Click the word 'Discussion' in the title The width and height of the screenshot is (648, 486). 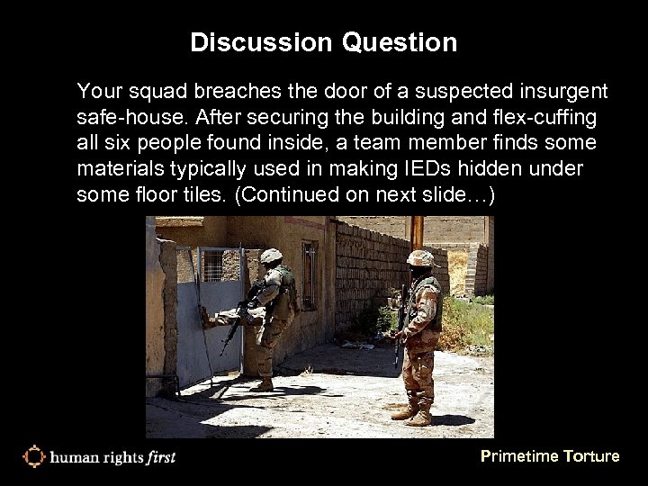point(245,42)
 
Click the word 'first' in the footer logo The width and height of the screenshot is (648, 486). point(158,457)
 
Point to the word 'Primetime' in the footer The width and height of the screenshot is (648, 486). point(519,456)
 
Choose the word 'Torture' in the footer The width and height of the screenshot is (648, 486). point(591,456)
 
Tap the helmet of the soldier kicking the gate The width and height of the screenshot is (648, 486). point(271,256)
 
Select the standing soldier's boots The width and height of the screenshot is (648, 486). point(412,413)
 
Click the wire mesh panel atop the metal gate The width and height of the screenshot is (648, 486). point(212,266)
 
